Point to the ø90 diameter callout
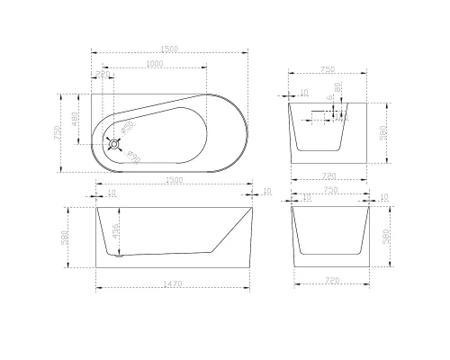pos(132,157)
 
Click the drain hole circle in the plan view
pos(113,141)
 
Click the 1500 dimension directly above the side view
pos(175,180)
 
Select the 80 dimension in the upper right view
pos(336,87)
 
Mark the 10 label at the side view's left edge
pos(111,192)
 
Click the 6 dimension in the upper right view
pos(329,97)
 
